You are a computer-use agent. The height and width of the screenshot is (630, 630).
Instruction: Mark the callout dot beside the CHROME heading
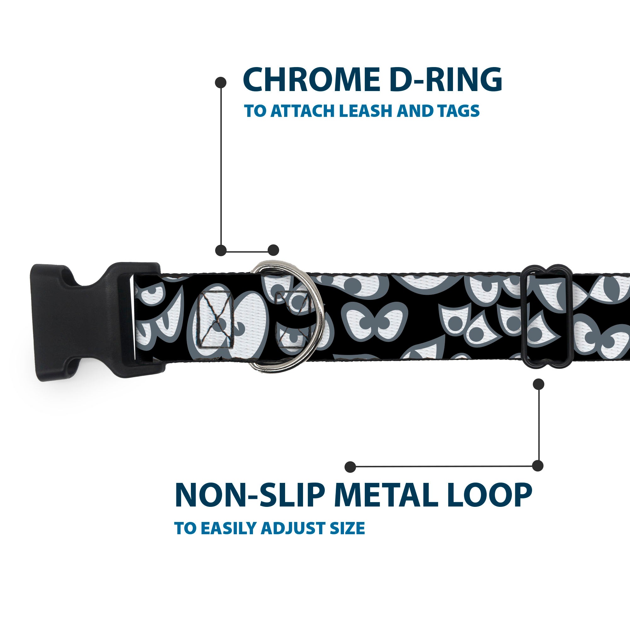click(221, 82)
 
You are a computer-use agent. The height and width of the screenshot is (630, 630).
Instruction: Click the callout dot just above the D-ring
click(273, 250)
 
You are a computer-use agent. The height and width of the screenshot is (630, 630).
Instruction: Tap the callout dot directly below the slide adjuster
click(538, 384)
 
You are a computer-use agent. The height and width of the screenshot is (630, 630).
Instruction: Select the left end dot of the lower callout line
click(350, 467)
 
